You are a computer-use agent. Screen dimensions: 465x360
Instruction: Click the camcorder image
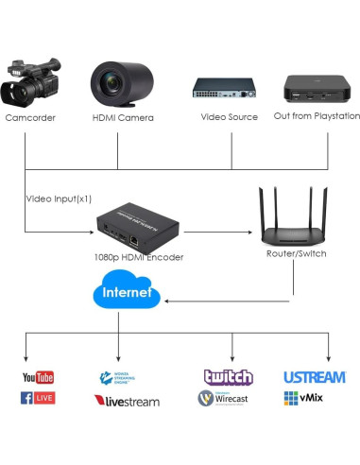point(30,82)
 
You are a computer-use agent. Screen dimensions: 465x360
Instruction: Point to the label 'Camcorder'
point(30,117)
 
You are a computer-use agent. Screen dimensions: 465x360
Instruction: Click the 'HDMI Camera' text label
point(123,117)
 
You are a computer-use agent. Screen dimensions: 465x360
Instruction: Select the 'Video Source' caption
point(229,117)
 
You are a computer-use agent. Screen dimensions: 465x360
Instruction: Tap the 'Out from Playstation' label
point(317,116)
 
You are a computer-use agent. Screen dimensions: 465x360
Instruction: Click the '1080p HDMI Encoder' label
point(139,256)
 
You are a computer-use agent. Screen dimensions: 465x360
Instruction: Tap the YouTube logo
point(38,378)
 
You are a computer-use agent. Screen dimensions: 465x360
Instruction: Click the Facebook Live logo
point(38,398)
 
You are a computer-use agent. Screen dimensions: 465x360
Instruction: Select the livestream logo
point(126,401)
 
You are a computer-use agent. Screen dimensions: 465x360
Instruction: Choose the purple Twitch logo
point(228,376)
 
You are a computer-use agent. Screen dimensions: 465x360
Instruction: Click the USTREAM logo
point(314,377)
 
